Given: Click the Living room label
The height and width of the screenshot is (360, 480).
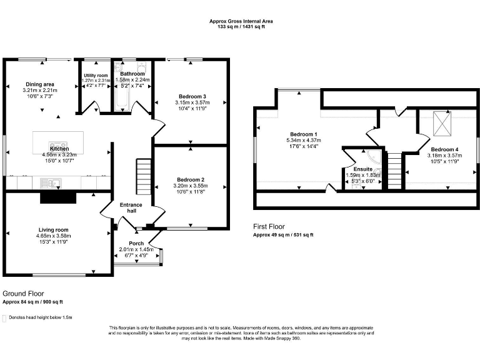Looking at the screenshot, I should [53, 229].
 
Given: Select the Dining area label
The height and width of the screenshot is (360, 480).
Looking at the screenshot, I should [39, 84].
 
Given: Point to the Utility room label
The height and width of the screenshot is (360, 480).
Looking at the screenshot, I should [96, 76].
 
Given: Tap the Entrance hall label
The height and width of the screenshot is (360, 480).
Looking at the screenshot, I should [131, 207].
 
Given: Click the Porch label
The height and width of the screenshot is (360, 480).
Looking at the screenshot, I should [136, 243].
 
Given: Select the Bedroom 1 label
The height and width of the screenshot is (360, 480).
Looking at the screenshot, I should [303, 134].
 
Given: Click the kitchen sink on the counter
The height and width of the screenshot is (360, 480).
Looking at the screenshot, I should [48, 182].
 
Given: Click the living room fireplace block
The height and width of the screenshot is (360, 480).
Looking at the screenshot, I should [57, 197].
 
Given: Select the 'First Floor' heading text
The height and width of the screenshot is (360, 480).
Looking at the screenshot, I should [269, 226].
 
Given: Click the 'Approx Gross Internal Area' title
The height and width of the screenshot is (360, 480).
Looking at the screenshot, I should [241, 21].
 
